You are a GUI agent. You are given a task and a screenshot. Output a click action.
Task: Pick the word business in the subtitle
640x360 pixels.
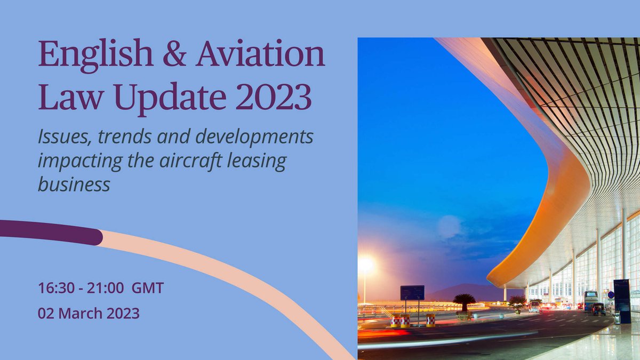point(74,183)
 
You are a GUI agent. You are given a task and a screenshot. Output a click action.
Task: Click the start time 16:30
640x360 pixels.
point(54,289)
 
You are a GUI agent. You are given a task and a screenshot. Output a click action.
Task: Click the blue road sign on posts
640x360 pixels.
point(412,292)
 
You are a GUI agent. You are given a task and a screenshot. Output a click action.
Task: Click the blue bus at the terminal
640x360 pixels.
point(590,300)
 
